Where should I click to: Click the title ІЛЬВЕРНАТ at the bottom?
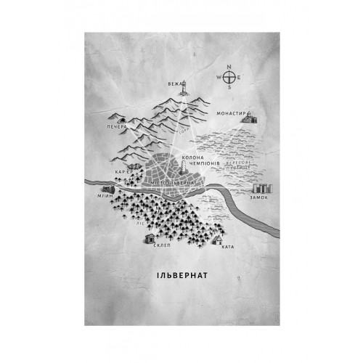(181, 275)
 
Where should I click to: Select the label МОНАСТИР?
(232, 114)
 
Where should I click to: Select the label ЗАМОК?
(258, 197)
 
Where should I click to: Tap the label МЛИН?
(103, 195)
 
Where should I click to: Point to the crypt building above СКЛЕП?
(150, 237)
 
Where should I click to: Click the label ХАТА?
(229, 248)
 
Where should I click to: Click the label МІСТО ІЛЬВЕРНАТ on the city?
(168, 184)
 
